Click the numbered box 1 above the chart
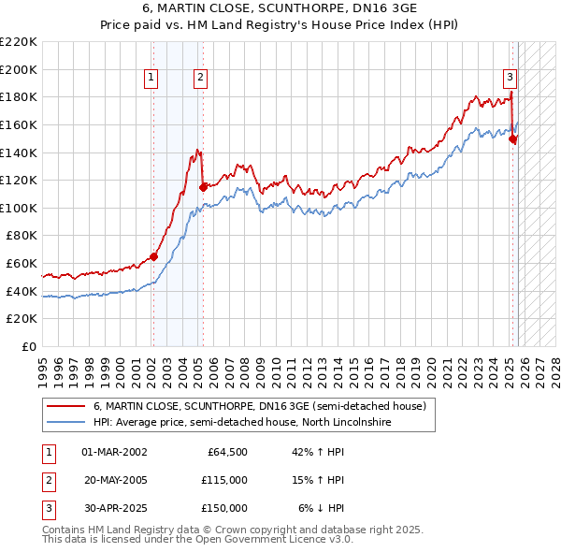[151, 78]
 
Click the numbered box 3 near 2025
[510, 78]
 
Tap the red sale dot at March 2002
[153, 256]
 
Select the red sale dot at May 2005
[203, 187]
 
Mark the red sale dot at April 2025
[512, 138]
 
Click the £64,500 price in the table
[224, 452]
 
